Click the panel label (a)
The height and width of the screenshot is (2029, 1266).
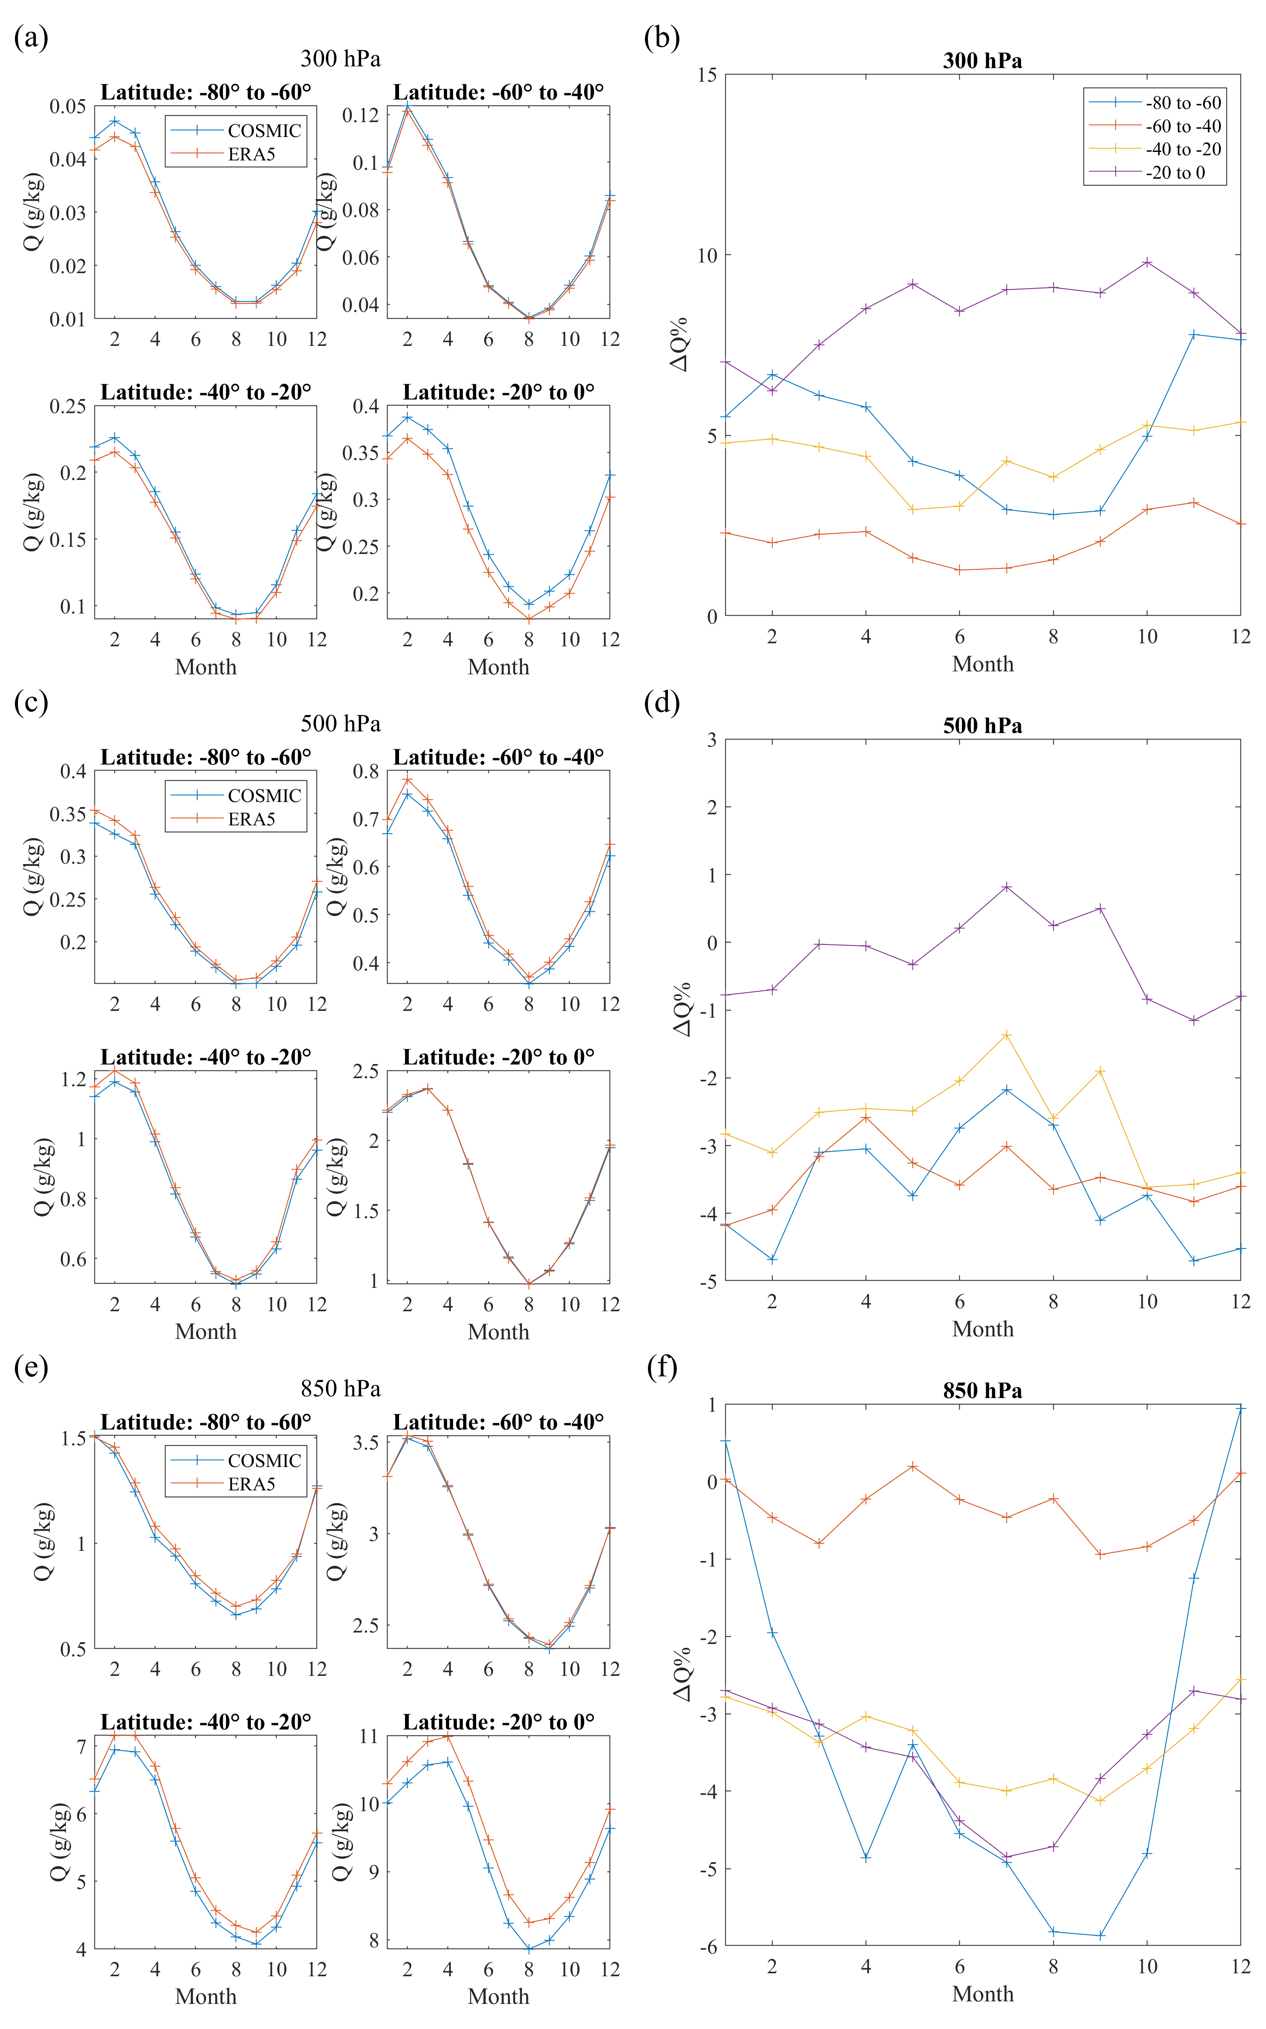31,38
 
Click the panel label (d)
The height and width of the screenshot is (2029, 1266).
662,702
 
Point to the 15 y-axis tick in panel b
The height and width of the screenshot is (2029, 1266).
707,75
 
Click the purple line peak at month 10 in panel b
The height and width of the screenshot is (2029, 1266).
1147,262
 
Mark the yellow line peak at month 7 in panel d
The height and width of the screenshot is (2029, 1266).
1007,1035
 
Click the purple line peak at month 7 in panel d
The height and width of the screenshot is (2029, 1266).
1007,887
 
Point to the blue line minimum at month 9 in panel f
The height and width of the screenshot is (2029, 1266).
1100,1935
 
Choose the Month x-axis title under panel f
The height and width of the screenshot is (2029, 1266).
982,1994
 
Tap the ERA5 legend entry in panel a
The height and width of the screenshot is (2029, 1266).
251,154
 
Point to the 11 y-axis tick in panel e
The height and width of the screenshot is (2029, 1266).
368,1736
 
